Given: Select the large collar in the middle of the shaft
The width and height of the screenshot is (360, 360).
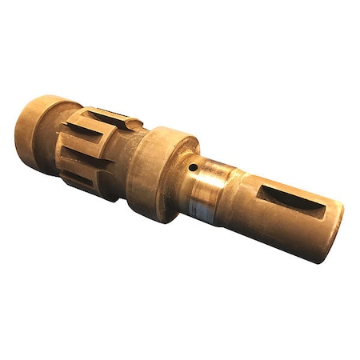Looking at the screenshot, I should (x=159, y=172).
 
